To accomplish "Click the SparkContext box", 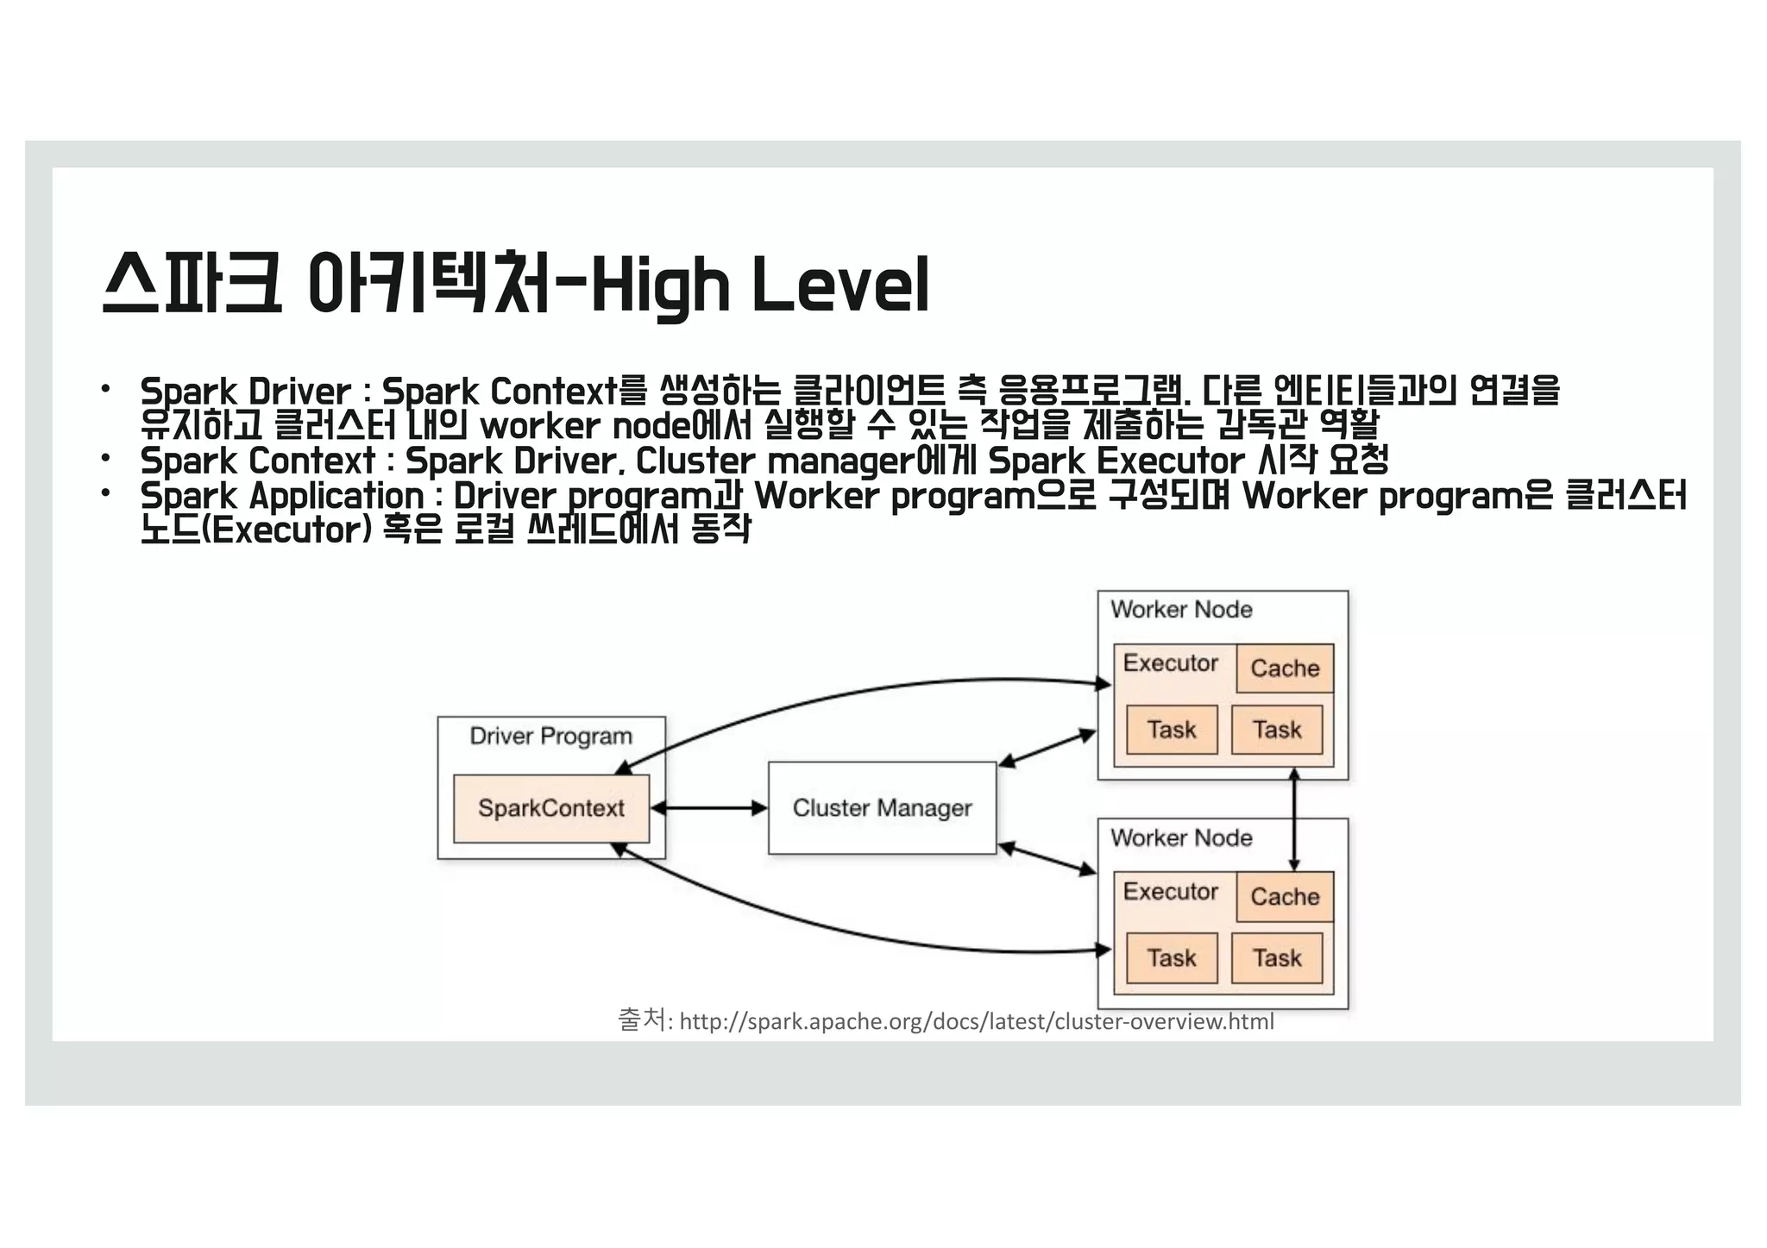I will coord(550,808).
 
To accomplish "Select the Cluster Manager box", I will coord(882,808).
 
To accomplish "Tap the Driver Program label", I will coord(550,736).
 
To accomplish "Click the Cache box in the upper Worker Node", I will coord(1285,668).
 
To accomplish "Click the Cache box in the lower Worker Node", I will coord(1285,896).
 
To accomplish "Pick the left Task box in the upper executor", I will coord(1172,730).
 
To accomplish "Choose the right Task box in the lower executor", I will coord(1277,957).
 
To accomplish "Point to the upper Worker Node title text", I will coord(1181,610).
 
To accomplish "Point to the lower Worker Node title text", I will coord(1181,837).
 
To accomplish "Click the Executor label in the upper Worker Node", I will coord(1170,663).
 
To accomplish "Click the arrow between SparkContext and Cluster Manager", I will coord(708,808).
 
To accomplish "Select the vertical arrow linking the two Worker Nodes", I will coord(1293,819).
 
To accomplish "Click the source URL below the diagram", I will coord(976,1022).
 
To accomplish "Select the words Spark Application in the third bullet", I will coord(282,496).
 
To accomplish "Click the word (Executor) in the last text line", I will coord(290,530).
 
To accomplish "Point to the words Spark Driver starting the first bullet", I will coord(246,392).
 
